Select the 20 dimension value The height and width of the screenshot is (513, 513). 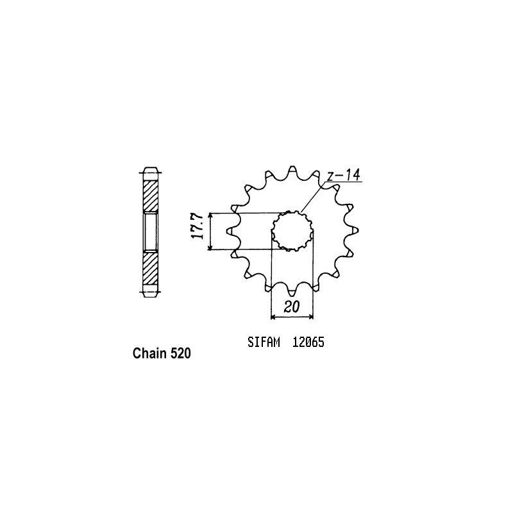click(x=292, y=307)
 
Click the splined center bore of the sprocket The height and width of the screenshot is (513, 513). click(x=292, y=231)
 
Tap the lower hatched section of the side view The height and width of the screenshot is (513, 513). click(x=149, y=269)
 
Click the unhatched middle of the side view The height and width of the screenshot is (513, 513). click(x=149, y=232)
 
